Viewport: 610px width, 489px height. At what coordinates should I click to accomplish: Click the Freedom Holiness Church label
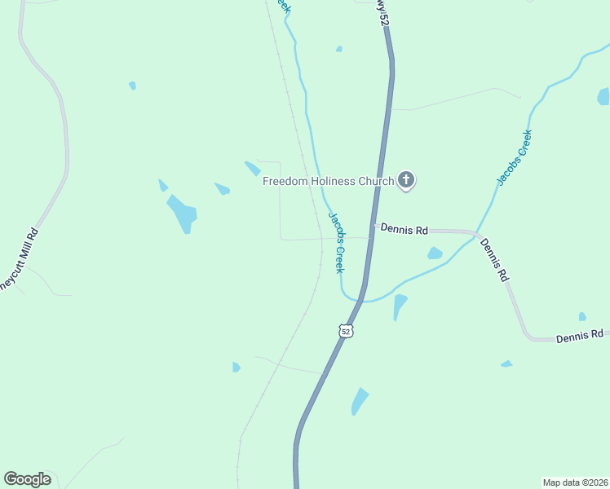click(x=328, y=181)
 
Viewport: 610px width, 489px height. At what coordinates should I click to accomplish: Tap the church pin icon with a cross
click(x=406, y=181)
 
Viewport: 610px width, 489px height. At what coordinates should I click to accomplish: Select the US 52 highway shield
click(x=346, y=331)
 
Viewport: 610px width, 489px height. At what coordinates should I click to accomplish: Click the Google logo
click(x=27, y=479)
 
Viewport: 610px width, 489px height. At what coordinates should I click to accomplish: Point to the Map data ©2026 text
click(x=575, y=482)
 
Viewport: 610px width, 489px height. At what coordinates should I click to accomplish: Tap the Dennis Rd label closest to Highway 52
click(x=404, y=230)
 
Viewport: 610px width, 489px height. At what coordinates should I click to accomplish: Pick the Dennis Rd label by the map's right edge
click(x=579, y=334)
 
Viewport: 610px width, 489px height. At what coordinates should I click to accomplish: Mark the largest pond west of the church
click(x=183, y=214)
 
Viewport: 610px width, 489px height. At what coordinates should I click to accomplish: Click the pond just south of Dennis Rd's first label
click(x=435, y=253)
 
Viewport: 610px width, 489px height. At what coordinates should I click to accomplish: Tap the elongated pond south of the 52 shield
click(x=359, y=401)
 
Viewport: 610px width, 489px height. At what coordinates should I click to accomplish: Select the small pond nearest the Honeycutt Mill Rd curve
click(x=132, y=85)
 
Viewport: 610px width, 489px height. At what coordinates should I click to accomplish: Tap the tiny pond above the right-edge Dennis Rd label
click(x=581, y=316)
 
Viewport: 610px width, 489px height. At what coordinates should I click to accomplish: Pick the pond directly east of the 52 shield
click(x=399, y=306)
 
